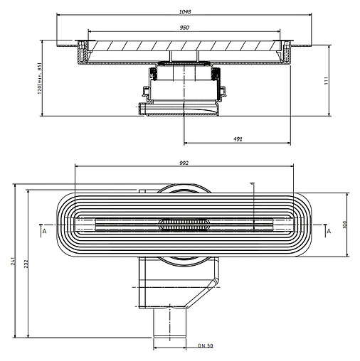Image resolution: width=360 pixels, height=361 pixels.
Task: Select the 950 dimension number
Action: pyautogui.click(x=184, y=27)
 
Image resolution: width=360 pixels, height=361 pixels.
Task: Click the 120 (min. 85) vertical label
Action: pyautogui.click(x=33, y=79)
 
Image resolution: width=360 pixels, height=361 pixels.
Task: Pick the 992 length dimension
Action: pyautogui.click(x=184, y=163)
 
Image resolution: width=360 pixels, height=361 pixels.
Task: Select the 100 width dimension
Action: pyautogui.click(x=344, y=225)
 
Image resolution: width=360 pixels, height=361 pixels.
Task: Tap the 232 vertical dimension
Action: pyautogui.click(x=26, y=264)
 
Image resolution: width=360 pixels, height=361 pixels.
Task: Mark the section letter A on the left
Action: pyautogui.click(x=43, y=232)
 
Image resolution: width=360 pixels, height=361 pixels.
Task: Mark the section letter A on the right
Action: pyautogui.click(x=328, y=232)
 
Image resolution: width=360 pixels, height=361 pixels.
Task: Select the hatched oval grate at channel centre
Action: pyautogui.click(x=184, y=224)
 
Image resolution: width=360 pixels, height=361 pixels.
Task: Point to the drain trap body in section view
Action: pyautogui.click(x=184, y=85)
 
